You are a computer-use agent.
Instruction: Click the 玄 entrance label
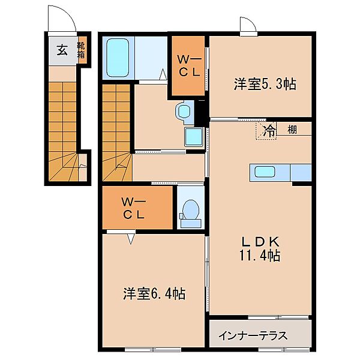point(62,50)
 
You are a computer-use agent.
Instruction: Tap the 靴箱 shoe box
point(81,50)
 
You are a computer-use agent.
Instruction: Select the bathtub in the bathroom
point(118,58)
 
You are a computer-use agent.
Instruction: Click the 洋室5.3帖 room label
point(265,84)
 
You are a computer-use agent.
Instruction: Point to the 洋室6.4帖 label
point(154,293)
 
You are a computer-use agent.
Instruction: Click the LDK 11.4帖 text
point(260,248)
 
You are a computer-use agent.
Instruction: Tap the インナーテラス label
point(253,335)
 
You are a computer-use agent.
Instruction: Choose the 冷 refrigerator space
point(266,131)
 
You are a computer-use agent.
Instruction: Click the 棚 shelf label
point(292,130)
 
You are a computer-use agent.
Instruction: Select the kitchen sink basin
point(265,172)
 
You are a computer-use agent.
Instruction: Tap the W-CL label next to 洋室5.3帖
point(189,67)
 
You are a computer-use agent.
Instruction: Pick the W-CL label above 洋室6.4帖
point(134,208)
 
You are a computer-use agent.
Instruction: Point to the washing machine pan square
point(194,137)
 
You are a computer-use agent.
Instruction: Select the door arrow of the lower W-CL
point(131,238)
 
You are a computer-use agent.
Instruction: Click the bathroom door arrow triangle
point(163,74)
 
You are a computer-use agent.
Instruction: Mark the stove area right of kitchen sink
point(301,172)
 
